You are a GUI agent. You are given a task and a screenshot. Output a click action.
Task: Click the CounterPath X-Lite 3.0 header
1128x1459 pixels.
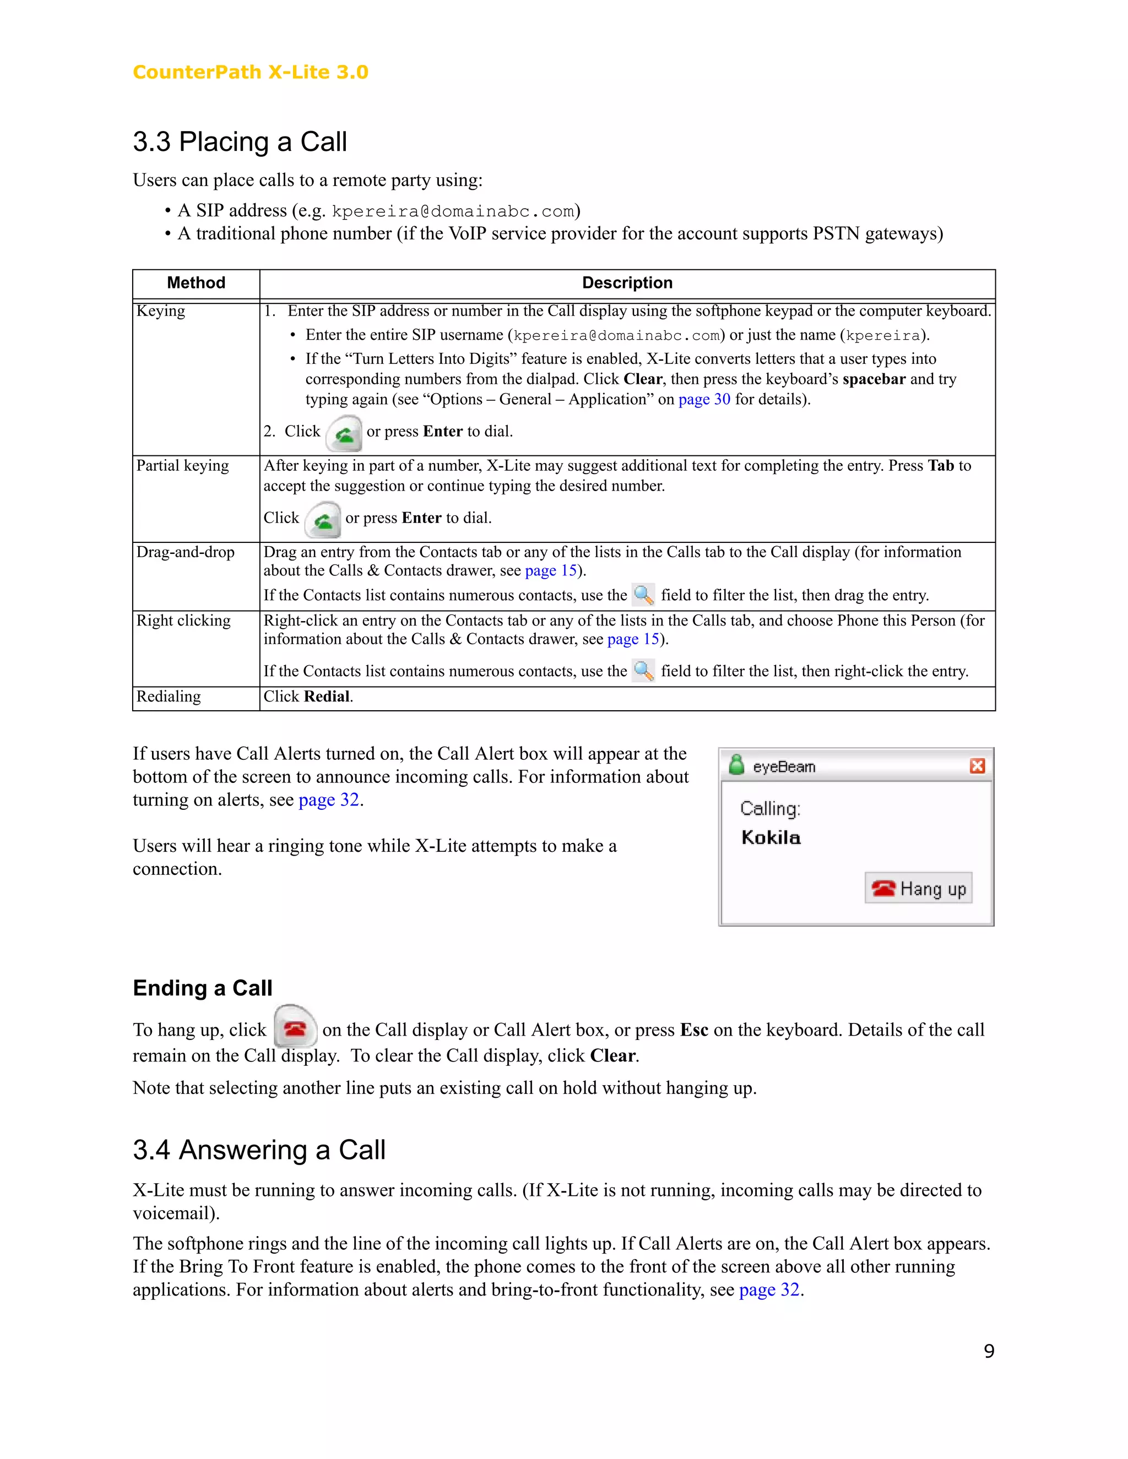click(250, 72)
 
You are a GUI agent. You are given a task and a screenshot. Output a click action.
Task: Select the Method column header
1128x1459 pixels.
click(196, 282)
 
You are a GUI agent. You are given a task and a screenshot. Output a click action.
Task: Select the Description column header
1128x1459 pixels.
click(627, 282)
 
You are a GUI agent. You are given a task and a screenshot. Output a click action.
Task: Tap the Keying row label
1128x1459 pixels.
click(160, 311)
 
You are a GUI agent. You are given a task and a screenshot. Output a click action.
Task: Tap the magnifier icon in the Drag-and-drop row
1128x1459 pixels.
click(643, 595)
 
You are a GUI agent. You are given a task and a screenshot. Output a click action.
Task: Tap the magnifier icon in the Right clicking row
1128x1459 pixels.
click(643, 670)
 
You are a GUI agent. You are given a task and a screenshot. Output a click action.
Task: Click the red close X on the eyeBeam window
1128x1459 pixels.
click(977, 766)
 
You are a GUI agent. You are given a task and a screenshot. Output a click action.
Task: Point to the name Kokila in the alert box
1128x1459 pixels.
click(771, 838)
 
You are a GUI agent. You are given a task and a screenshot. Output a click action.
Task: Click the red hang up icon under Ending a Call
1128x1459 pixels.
click(295, 1029)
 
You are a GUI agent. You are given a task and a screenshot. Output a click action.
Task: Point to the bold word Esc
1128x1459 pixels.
click(693, 1030)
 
